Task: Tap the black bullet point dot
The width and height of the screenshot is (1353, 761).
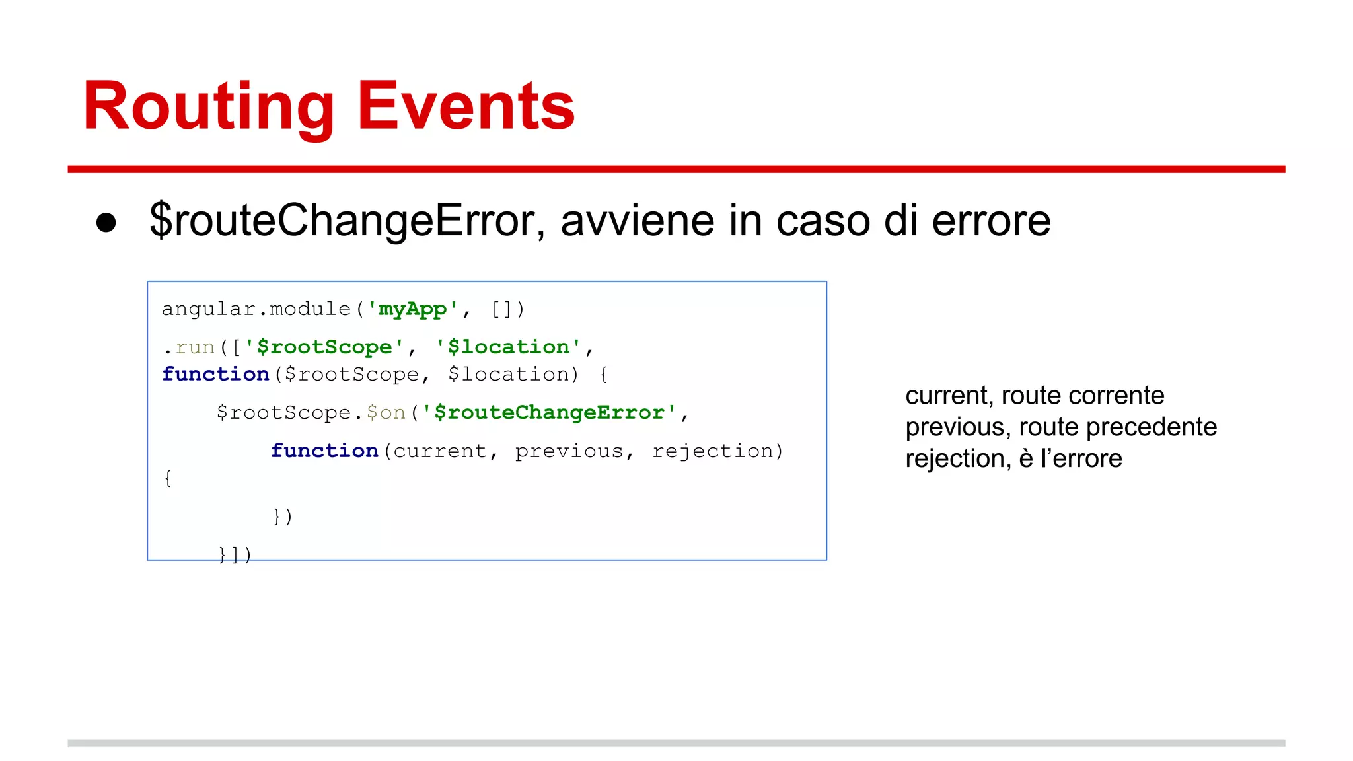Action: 106,223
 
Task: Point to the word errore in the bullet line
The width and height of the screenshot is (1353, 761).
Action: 990,221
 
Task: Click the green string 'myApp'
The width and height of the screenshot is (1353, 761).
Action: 413,308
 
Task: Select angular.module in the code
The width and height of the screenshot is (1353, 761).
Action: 256,308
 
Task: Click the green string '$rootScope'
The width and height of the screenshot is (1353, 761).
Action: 324,347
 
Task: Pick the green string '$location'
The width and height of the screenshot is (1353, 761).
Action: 508,347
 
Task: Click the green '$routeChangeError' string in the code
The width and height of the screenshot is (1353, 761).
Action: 549,412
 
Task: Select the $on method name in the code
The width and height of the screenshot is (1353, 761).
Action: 386,412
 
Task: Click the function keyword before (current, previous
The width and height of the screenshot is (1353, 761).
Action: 324,451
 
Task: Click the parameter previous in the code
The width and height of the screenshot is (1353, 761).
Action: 569,451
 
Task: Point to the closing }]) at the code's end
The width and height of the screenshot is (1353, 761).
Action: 235,554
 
